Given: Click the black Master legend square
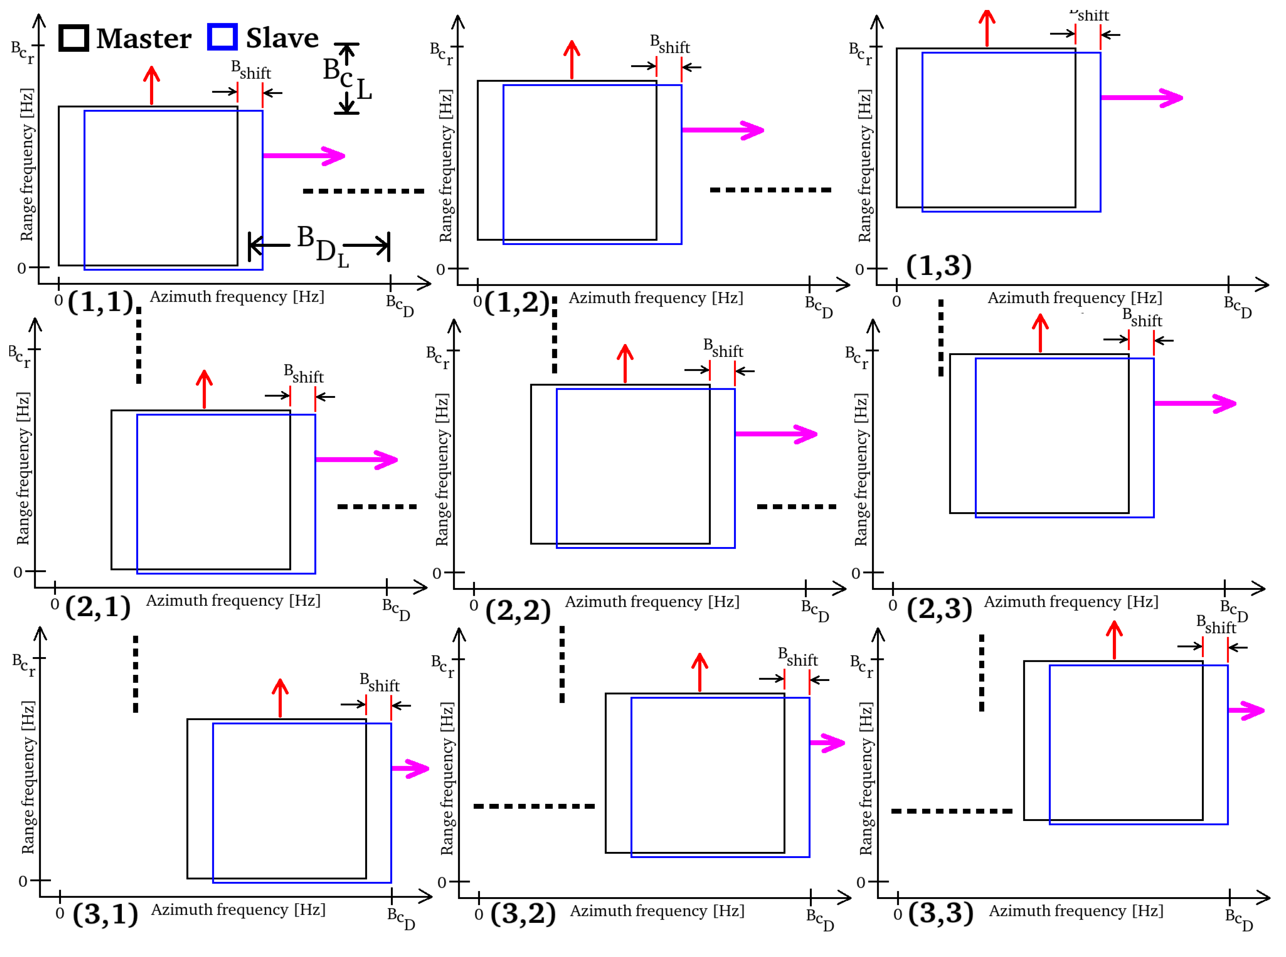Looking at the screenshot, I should (74, 38).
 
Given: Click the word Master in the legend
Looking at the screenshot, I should (144, 39).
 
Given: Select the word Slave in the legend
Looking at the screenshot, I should (282, 38).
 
